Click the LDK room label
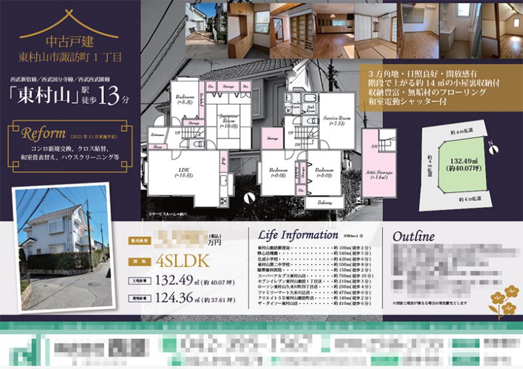[x=183, y=173]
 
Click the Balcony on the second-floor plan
[x=324, y=202]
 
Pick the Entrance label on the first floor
[x=158, y=136]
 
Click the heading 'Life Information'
[x=298, y=234]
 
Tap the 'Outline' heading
[x=413, y=236]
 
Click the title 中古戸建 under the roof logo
[x=71, y=41]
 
